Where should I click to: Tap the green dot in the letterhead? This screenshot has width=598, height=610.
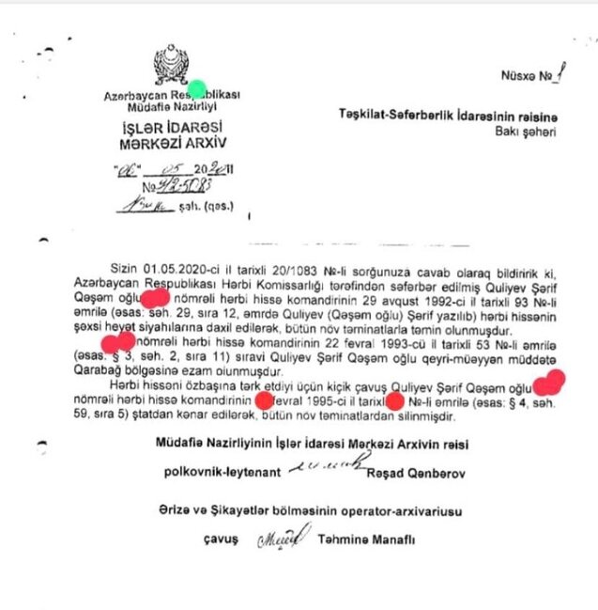[x=196, y=90]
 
